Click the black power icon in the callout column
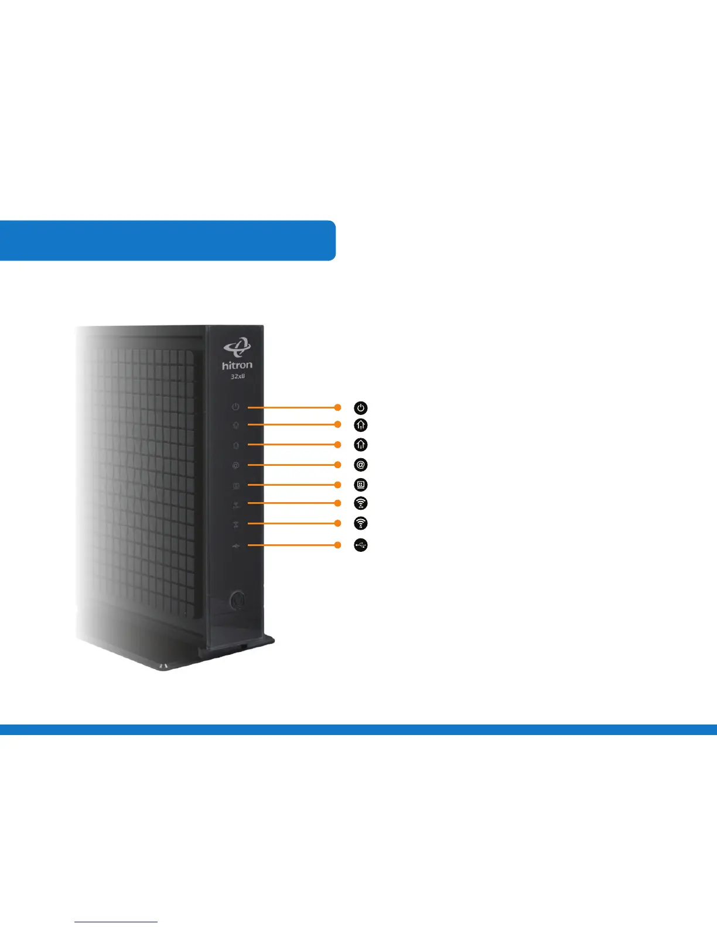[361, 407]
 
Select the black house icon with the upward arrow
[361, 425]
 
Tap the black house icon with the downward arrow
[361, 445]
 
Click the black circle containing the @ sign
[361, 465]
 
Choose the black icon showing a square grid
[361, 485]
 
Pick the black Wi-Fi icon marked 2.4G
[361, 503]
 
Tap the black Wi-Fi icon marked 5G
[361, 523]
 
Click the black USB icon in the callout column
[361, 545]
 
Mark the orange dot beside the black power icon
[337, 407]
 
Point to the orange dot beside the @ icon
[337, 465]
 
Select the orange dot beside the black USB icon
[337, 545]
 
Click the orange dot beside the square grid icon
[337, 485]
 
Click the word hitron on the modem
[237, 365]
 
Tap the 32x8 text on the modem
[237, 376]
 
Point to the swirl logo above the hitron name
[237, 348]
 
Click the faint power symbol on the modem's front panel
[235, 407]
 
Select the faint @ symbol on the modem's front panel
[235, 466]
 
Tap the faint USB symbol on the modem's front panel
[235, 546]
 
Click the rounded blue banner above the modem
[167, 240]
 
